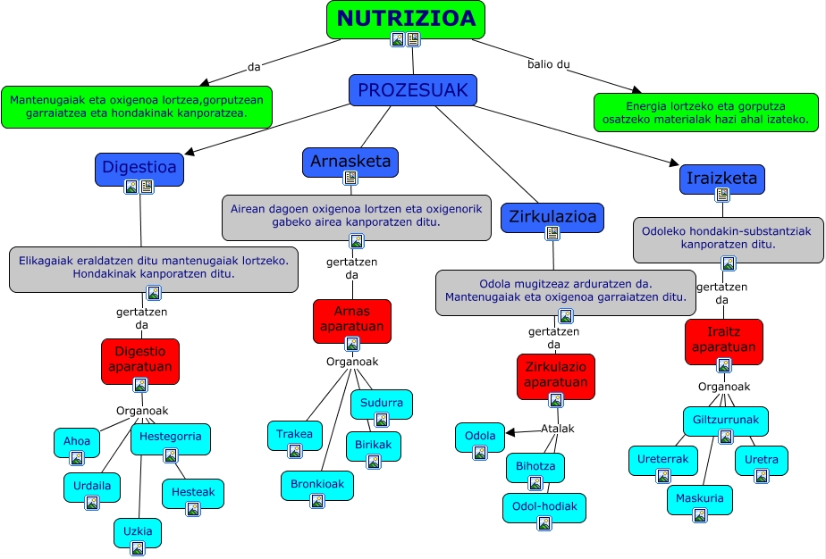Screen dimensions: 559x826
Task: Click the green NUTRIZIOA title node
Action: (406, 20)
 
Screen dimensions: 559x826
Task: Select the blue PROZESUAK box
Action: (412, 90)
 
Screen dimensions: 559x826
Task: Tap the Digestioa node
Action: (139, 168)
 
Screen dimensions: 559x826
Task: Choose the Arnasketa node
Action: (350, 162)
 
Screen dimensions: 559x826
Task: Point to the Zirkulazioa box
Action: (552, 217)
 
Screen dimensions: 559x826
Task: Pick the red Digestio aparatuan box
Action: (139, 361)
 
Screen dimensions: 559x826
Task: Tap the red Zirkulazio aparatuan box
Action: (555, 376)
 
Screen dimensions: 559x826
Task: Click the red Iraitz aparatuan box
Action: (724, 341)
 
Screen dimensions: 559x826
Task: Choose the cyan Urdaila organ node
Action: (92, 488)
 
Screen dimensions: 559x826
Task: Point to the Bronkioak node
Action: (316, 486)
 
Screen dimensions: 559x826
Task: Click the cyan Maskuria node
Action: (700, 500)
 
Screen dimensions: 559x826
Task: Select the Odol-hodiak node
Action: (544, 508)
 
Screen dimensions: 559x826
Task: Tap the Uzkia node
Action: (138, 533)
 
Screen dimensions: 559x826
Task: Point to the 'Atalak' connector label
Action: (557, 429)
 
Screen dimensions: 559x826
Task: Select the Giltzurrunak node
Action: (725, 421)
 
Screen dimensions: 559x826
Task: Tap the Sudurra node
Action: (382, 404)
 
